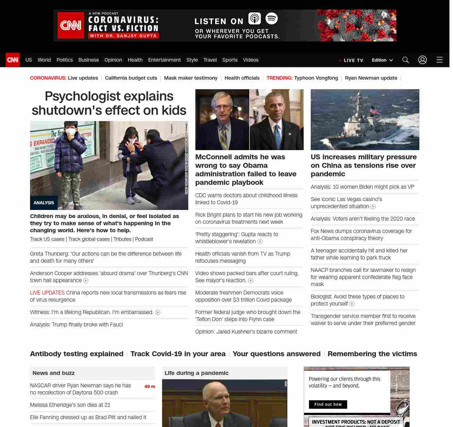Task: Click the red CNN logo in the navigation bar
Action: point(13,60)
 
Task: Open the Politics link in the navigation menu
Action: point(64,60)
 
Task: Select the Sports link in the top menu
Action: point(230,60)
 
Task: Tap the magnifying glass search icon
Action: point(405,60)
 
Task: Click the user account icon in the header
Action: point(422,60)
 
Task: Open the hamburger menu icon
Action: point(439,60)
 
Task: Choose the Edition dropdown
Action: point(382,60)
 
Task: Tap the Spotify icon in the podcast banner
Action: point(271,18)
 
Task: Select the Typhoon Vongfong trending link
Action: point(316,78)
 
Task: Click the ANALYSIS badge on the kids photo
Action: point(44,203)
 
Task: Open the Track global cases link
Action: point(89,239)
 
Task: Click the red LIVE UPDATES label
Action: point(47,293)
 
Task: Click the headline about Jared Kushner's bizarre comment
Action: point(246,332)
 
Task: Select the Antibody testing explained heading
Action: point(77,354)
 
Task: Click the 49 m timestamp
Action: point(150,387)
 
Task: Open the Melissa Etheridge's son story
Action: point(70,405)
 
